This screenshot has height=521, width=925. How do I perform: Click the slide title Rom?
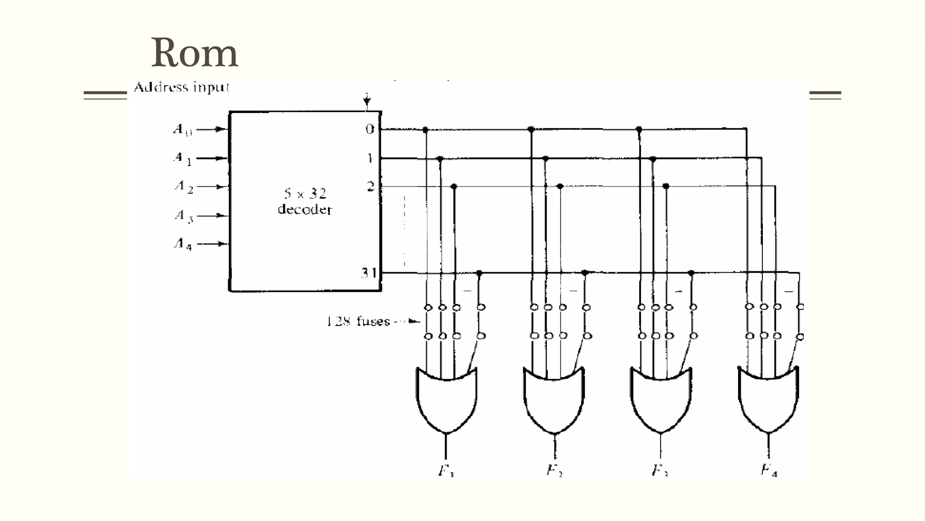pos(194,53)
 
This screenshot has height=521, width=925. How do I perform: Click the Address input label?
pos(182,87)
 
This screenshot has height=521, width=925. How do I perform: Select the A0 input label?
pos(182,130)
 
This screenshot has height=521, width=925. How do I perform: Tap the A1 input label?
pos(182,158)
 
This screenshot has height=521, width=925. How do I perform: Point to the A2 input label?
pos(183,186)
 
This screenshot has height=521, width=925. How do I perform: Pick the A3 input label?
pos(183,216)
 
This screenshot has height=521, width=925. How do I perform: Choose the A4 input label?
pos(182,244)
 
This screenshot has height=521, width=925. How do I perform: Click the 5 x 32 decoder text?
pos(305,201)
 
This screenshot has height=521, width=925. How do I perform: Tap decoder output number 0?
pos(370,129)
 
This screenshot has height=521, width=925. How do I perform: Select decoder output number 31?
pos(369,273)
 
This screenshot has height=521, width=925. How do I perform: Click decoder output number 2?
pos(370,186)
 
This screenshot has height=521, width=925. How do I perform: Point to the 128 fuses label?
pos(358,322)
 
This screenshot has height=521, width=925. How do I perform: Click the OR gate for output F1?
pos(446,400)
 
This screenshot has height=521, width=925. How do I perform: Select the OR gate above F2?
pos(554,400)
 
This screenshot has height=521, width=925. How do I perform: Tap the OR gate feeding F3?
pos(661,400)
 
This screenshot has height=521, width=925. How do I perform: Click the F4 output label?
pos(769,471)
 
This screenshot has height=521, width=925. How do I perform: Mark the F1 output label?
pos(446,471)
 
